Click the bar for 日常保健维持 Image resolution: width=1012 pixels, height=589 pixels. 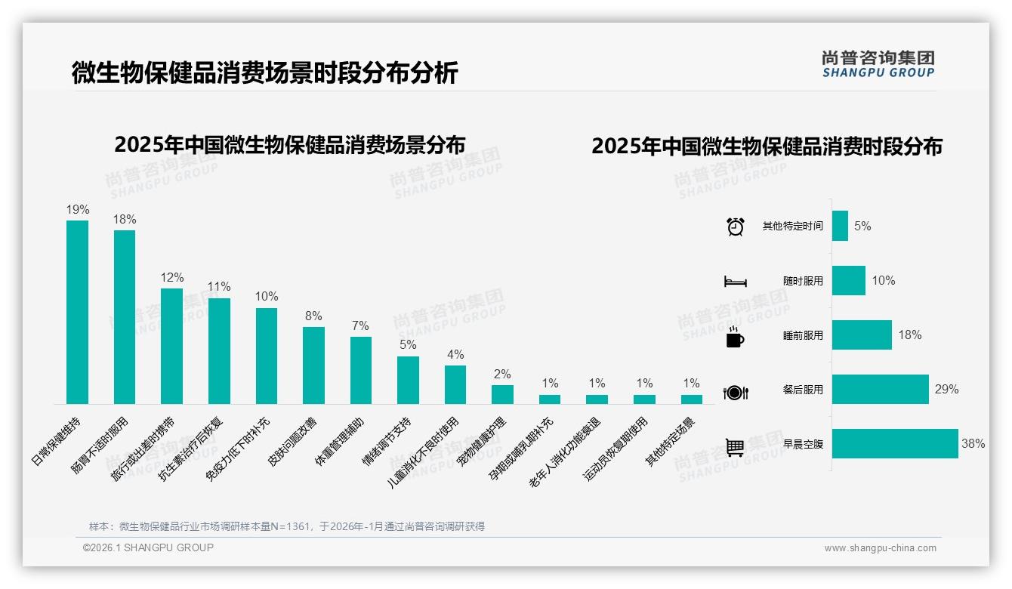pyautogui.click(x=77, y=312)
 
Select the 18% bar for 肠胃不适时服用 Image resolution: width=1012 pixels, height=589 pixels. pyautogui.click(x=125, y=317)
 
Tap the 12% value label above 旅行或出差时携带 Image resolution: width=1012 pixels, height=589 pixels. pyautogui.click(x=171, y=277)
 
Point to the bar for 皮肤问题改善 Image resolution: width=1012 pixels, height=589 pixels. pyautogui.click(x=313, y=365)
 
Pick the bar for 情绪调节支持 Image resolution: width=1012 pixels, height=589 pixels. pyautogui.click(x=408, y=380)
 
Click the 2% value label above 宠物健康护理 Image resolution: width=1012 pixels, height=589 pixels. pyautogui.click(x=502, y=374)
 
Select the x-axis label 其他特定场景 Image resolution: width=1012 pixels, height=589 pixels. pyautogui.click(x=669, y=441)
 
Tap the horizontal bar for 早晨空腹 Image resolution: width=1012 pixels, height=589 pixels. pyautogui.click(x=895, y=444)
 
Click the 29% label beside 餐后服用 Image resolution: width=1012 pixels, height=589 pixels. pyautogui.click(x=946, y=390)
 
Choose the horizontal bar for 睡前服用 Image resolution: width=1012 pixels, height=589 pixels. pyautogui.click(x=862, y=335)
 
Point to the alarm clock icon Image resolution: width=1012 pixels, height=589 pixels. pyautogui.click(x=735, y=227)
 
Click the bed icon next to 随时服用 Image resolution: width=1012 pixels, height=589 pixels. pyautogui.click(x=735, y=282)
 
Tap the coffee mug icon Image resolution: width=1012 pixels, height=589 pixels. pyautogui.click(x=735, y=338)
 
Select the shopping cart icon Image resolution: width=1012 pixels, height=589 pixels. pyautogui.click(x=735, y=447)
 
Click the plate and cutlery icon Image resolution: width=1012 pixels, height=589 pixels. pyautogui.click(x=735, y=392)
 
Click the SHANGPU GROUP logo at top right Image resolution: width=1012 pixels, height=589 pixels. pyautogui.click(x=878, y=64)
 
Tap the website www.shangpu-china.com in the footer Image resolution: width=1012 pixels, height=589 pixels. pyautogui.click(x=880, y=548)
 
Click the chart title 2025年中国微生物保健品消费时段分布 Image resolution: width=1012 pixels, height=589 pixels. pyautogui.click(x=767, y=146)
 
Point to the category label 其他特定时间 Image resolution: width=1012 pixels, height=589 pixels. pyautogui.click(x=792, y=227)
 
